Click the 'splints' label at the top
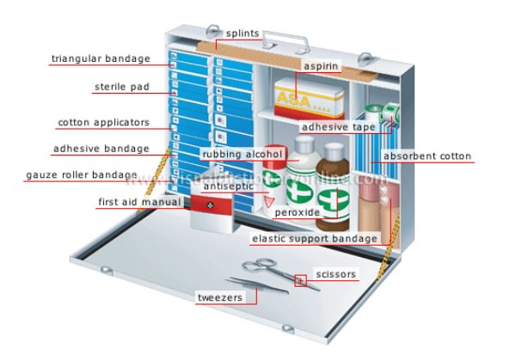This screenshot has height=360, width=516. (243, 34)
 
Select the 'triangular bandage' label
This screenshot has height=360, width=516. (101, 59)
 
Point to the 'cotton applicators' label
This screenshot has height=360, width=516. (103, 122)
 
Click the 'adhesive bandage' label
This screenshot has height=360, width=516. (100, 148)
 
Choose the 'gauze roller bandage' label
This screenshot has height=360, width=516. (81, 175)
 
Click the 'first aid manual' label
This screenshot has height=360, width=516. (140, 202)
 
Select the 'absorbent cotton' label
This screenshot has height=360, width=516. (427, 156)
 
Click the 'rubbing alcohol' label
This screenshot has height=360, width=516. (243, 155)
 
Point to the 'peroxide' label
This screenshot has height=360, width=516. (297, 211)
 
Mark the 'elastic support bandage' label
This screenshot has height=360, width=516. (314, 238)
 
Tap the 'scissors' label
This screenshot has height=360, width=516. (335, 275)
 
